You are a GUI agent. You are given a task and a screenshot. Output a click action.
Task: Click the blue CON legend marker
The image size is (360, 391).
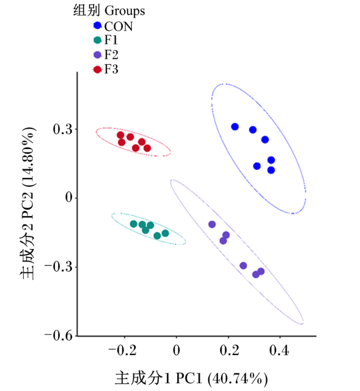(x=97, y=25)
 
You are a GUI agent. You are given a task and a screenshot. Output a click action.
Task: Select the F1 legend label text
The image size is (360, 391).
(x=111, y=40)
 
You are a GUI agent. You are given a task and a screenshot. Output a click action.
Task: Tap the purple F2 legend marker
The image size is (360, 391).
(x=97, y=55)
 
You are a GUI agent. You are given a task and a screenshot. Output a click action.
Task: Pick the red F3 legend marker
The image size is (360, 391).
(x=97, y=70)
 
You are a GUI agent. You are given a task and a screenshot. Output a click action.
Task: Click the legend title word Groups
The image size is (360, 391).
(x=125, y=11)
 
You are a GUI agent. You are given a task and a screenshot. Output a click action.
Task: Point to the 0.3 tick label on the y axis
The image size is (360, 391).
(x=63, y=129)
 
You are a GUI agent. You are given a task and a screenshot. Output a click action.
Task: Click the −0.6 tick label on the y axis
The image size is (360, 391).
(x=58, y=336)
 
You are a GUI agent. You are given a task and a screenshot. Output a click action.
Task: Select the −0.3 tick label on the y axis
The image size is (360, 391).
(x=58, y=267)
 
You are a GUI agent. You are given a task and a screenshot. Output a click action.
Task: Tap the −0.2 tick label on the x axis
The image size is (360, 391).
(x=122, y=351)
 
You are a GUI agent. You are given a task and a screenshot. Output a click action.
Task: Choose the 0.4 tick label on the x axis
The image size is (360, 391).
(x=279, y=351)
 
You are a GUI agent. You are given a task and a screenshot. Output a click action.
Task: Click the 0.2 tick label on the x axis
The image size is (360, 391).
(x=229, y=351)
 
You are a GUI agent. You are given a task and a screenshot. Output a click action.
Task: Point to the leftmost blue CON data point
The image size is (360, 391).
(x=235, y=127)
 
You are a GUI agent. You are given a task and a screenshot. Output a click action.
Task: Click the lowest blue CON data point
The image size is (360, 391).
(x=271, y=171)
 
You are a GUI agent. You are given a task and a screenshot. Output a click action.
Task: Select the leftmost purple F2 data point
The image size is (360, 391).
(x=212, y=224)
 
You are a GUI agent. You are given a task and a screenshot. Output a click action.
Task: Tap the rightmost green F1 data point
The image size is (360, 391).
(x=165, y=233)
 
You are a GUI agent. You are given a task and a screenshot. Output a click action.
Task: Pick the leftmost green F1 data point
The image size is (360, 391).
(x=133, y=224)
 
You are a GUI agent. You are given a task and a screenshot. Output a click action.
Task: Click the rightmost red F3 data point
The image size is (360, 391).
(x=147, y=148)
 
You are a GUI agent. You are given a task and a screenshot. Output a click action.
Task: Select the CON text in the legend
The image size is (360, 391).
(x=119, y=27)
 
